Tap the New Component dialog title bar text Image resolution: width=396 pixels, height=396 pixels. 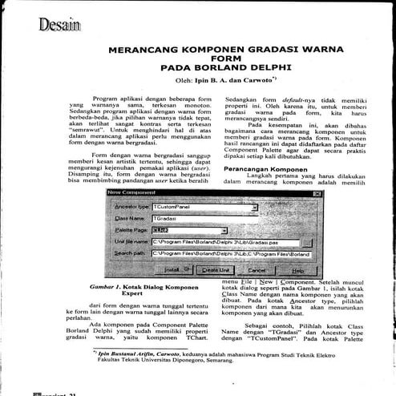coord(132,192)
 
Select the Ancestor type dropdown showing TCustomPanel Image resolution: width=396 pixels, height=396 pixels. coord(204,207)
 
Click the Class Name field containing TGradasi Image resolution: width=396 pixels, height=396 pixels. coord(204,218)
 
